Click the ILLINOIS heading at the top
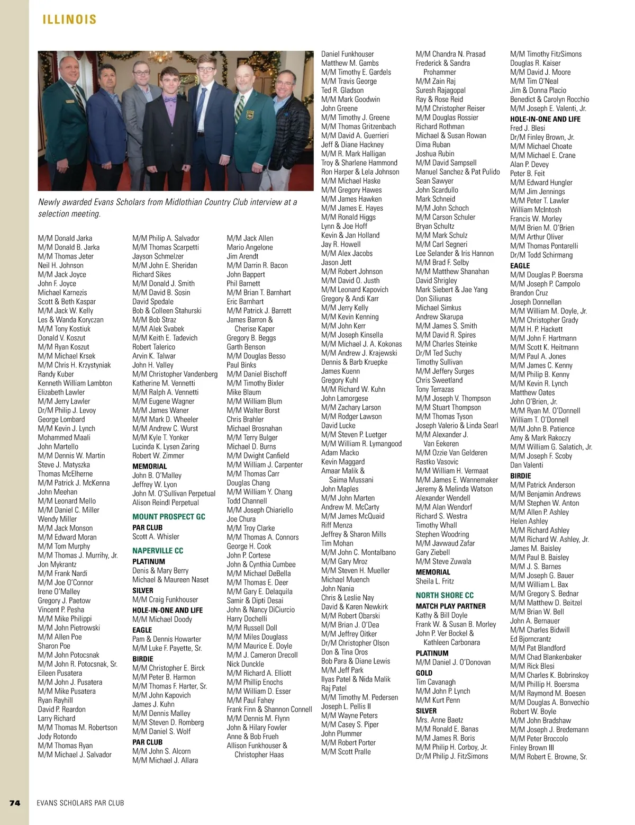point(69,20)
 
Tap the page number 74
point(15,803)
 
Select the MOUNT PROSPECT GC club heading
point(169,517)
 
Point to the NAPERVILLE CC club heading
point(158,551)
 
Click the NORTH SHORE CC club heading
point(444,595)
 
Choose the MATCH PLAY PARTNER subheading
point(450,606)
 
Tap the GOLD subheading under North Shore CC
point(424,672)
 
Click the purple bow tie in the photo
point(170,98)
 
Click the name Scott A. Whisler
point(156,536)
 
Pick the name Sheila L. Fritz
point(434,581)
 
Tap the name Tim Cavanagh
point(436,682)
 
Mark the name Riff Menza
point(337,525)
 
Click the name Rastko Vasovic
point(437,462)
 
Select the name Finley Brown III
point(532,748)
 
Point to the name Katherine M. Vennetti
point(164,383)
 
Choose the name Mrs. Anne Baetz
point(439,720)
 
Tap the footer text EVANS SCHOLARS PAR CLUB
point(80,803)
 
